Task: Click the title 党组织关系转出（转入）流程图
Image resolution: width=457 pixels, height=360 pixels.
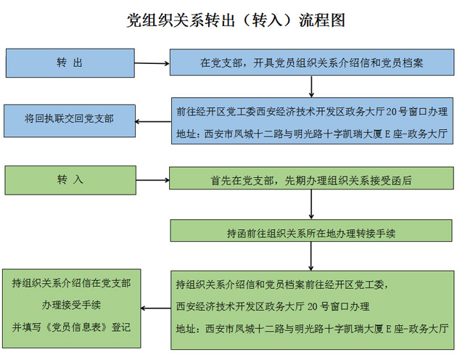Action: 236,20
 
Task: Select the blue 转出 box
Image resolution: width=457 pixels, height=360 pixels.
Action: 70,63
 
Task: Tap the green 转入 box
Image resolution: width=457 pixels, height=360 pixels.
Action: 70,180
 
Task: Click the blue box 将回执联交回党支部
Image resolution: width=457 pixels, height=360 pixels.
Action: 70,120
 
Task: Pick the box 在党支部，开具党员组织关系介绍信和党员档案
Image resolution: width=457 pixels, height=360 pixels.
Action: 312,62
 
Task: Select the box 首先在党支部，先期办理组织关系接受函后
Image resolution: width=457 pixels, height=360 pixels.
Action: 311,178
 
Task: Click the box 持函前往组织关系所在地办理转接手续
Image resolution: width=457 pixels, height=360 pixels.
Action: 311,231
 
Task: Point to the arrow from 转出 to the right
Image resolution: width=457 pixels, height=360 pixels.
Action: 152,63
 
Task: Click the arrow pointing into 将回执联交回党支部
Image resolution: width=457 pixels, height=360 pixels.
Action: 153,121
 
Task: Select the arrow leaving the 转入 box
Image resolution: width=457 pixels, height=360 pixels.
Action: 153,180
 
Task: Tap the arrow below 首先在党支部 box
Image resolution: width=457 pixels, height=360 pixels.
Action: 311,204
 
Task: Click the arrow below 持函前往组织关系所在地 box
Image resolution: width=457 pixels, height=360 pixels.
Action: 310,256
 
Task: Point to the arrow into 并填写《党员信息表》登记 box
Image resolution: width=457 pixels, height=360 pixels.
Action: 156,308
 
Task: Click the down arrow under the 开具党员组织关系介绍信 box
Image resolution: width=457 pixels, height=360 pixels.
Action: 311,86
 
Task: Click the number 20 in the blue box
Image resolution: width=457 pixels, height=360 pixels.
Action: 392,112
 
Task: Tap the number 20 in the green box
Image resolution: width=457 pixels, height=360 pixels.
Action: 313,306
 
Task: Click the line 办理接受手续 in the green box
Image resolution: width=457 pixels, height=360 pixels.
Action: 71,305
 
